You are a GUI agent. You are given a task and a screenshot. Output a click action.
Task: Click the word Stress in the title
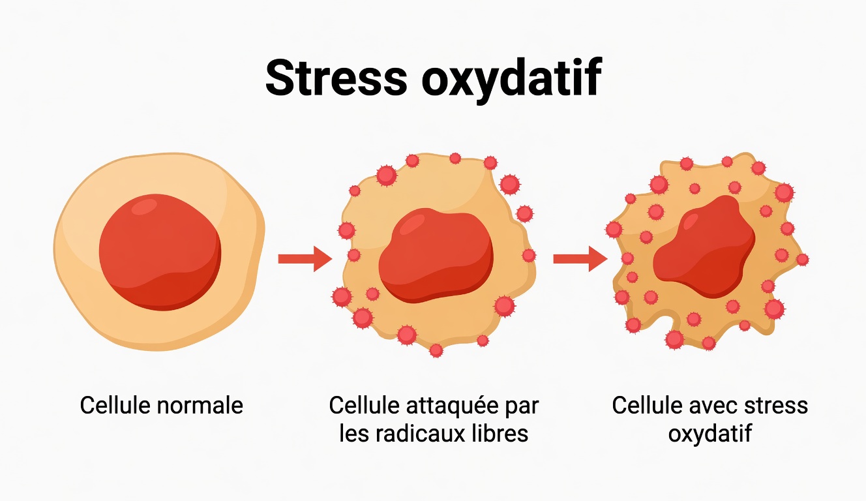pyautogui.click(x=336, y=78)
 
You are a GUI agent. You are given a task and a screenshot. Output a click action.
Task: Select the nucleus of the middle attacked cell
pyautogui.click(x=435, y=256)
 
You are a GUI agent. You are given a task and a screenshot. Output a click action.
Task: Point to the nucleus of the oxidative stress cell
pyautogui.click(x=704, y=247)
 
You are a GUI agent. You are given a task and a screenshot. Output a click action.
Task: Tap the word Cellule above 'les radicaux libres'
pyautogui.click(x=364, y=406)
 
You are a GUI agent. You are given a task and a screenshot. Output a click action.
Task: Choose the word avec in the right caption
pyautogui.click(x=712, y=406)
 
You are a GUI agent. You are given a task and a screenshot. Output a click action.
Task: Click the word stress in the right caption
pyautogui.click(x=776, y=406)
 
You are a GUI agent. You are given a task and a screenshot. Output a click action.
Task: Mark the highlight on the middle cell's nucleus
pyautogui.click(x=411, y=223)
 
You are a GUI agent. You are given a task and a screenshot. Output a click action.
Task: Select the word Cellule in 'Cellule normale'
pyautogui.click(x=116, y=406)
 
